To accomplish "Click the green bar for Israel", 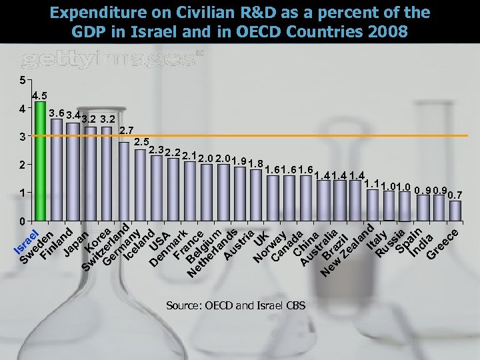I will click(x=40, y=160).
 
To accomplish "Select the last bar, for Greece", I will click(x=455, y=210).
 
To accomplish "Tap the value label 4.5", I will click(x=39, y=95).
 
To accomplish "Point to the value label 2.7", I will click(x=126, y=130).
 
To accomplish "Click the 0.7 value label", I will click(x=455, y=195).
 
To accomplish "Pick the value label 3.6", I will click(x=57, y=113).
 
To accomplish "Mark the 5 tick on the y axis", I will click(x=22, y=81).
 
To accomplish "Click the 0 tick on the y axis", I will click(x=22, y=221).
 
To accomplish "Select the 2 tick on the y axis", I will click(x=22, y=165).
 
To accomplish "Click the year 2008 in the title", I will click(x=383, y=31).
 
